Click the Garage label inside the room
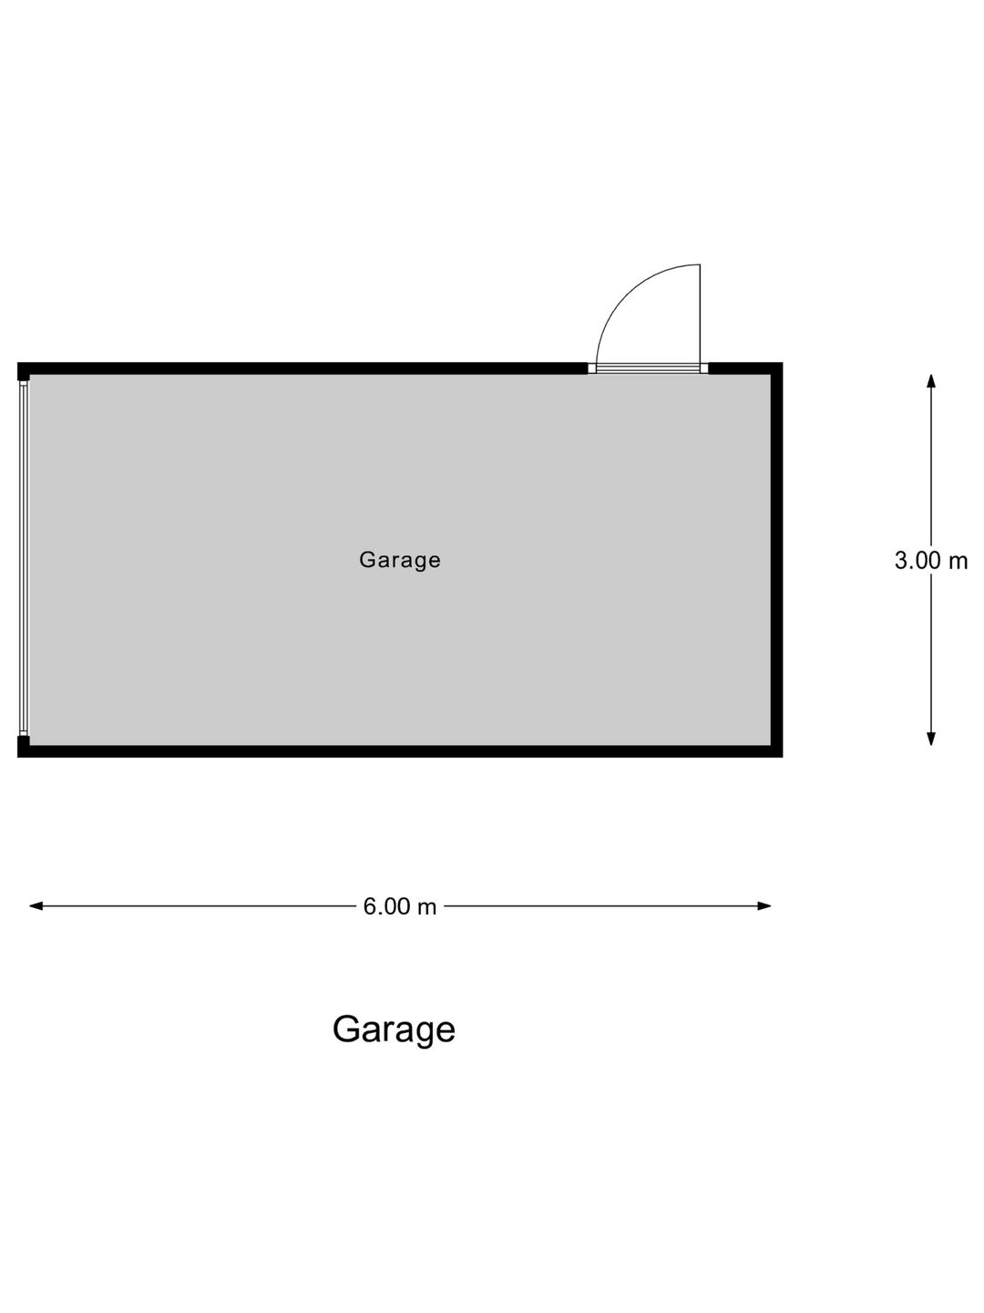(x=400, y=561)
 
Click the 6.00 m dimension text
(x=400, y=907)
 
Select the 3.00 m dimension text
(x=931, y=561)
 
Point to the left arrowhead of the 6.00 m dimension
(x=36, y=906)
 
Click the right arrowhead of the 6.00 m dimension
(x=764, y=906)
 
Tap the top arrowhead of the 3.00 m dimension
(x=931, y=381)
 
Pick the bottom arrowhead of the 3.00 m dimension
(x=931, y=739)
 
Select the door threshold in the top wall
(x=648, y=368)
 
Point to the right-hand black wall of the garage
(x=776, y=560)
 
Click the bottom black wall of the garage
(x=400, y=751)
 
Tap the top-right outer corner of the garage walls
(x=783, y=363)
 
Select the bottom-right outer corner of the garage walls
(x=783, y=758)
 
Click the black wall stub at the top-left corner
(x=24, y=372)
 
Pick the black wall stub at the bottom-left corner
(x=24, y=746)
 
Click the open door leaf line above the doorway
(x=700, y=314)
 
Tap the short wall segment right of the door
(x=745, y=368)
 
